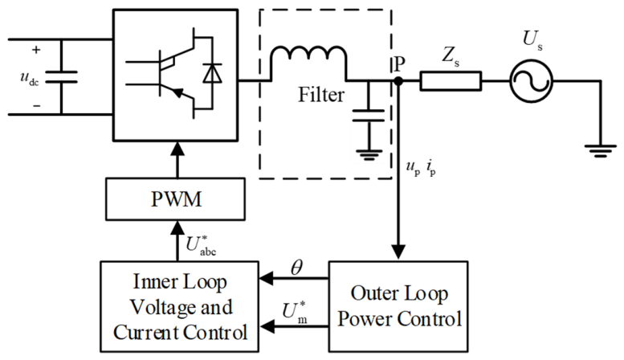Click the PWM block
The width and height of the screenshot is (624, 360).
[175, 199]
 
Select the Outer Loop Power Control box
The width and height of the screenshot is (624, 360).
[398, 306]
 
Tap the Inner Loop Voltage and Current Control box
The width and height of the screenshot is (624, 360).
[179, 306]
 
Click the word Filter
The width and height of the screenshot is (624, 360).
[321, 95]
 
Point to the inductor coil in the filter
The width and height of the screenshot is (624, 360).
[308, 54]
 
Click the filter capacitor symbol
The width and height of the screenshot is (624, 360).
[369, 116]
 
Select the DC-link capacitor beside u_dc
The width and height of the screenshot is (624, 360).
[61, 77]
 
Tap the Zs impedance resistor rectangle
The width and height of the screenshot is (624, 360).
[451, 81]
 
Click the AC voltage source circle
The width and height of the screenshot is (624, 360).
[532, 81]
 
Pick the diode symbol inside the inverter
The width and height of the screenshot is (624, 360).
[212, 73]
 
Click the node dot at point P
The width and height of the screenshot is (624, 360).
[398, 81]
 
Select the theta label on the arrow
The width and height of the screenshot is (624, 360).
[296, 268]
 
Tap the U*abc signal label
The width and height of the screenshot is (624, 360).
[201, 244]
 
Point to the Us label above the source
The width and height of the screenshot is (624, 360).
[532, 41]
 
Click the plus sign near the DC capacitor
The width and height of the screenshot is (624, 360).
[36, 50]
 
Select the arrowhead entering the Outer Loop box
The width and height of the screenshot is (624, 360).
[398, 252]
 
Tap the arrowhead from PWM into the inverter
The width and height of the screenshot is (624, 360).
[177, 149]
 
